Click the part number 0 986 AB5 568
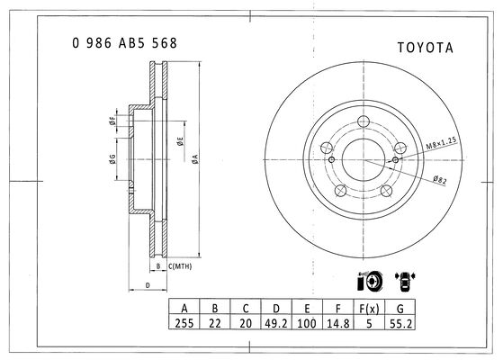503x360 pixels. point(124,43)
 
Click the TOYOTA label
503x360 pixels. point(426,48)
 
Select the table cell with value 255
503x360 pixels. point(184,323)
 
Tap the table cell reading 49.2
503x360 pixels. point(276,323)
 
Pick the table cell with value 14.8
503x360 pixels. point(337,323)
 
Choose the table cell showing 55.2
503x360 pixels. point(400,323)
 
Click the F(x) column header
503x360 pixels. point(369,309)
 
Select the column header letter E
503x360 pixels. point(307,309)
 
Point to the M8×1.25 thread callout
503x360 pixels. point(441,143)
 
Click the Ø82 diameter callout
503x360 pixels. point(439,180)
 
